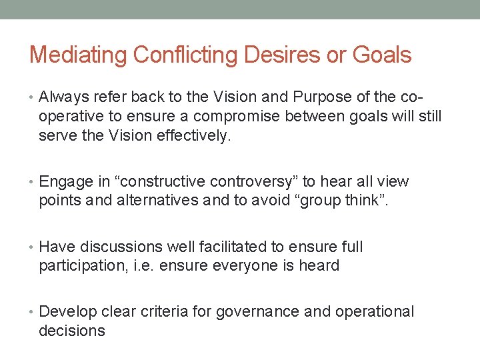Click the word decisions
[71, 331]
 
